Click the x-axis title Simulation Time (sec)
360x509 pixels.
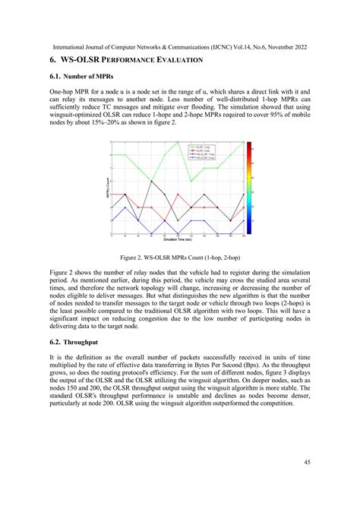pos(180,239)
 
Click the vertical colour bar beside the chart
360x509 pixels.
pos(250,187)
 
